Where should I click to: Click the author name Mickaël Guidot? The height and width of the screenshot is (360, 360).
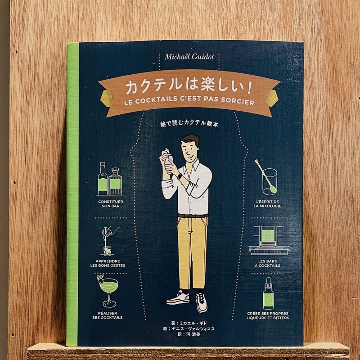189,57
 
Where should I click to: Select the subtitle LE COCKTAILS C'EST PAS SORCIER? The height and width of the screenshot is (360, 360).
189,102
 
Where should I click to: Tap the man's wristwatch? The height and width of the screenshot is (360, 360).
180,176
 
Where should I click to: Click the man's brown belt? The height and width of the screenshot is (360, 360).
193,216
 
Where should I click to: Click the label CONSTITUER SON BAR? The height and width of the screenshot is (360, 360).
110,204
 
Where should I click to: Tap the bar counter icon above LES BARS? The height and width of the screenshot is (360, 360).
269,240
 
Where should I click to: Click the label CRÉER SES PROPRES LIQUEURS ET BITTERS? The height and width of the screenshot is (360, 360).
268,315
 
